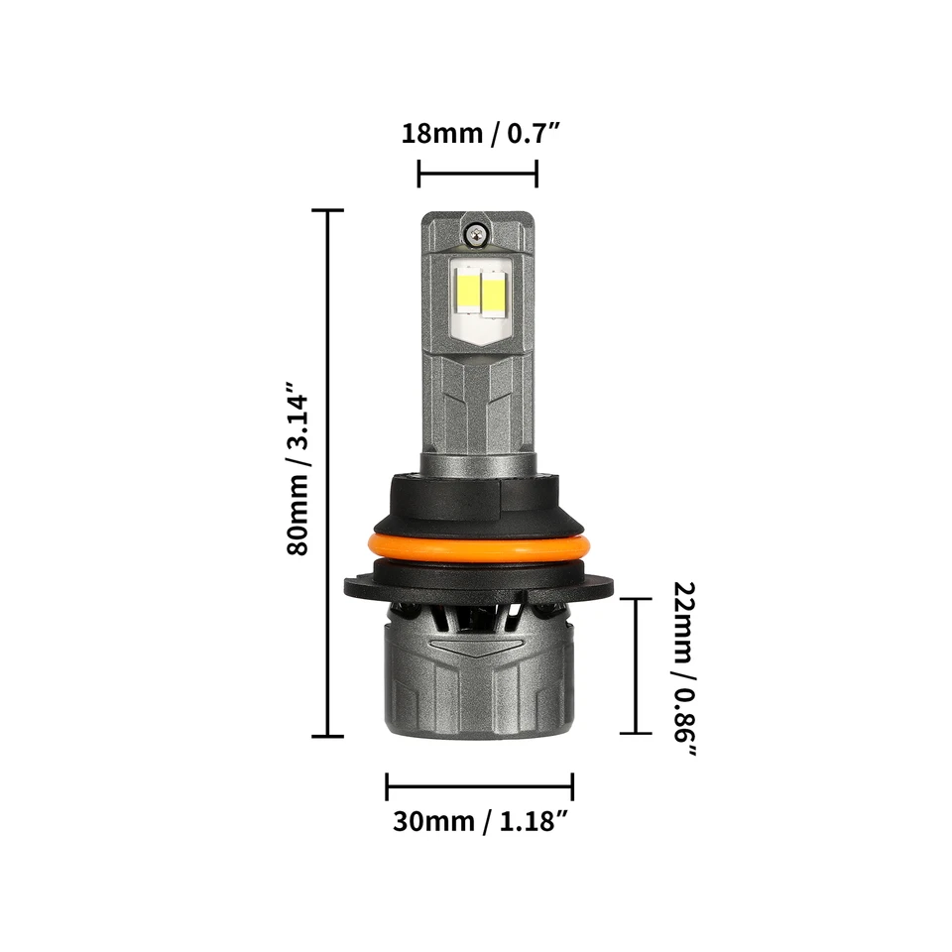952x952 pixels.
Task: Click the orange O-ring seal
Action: coord(477,547)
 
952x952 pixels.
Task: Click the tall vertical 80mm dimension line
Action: coord(327,474)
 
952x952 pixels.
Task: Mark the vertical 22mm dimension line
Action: coord(635,665)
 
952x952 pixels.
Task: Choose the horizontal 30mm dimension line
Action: coord(479,788)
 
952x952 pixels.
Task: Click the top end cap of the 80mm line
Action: coord(327,211)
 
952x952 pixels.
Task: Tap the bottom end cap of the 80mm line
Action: coord(327,736)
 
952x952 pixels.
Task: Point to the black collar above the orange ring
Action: coord(477,500)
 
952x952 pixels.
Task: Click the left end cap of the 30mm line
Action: coord(387,788)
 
